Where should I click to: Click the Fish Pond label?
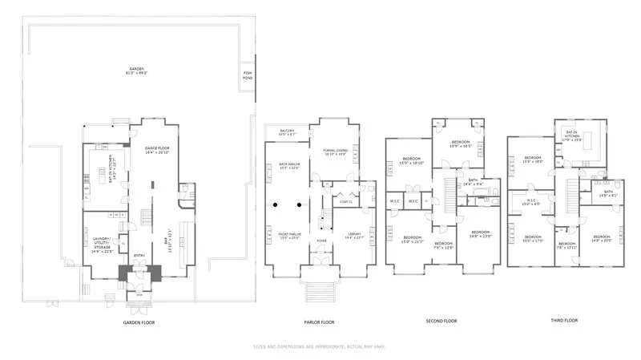click(248, 75)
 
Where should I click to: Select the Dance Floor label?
click(156, 150)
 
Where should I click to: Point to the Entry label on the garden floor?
click(139, 256)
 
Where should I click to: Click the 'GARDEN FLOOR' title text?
click(138, 322)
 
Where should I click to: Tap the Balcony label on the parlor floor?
click(287, 133)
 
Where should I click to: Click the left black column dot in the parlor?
click(276, 204)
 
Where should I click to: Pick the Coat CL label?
click(345, 201)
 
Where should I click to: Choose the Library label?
click(353, 236)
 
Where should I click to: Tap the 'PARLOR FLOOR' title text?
click(318, 322)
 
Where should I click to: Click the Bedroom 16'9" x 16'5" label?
click(458, 145)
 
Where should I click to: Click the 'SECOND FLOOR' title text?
click(441, 321)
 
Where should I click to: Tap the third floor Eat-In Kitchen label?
click(571, 139)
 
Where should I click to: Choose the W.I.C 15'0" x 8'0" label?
click(530, 202)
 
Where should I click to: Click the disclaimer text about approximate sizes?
click(320, 347)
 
